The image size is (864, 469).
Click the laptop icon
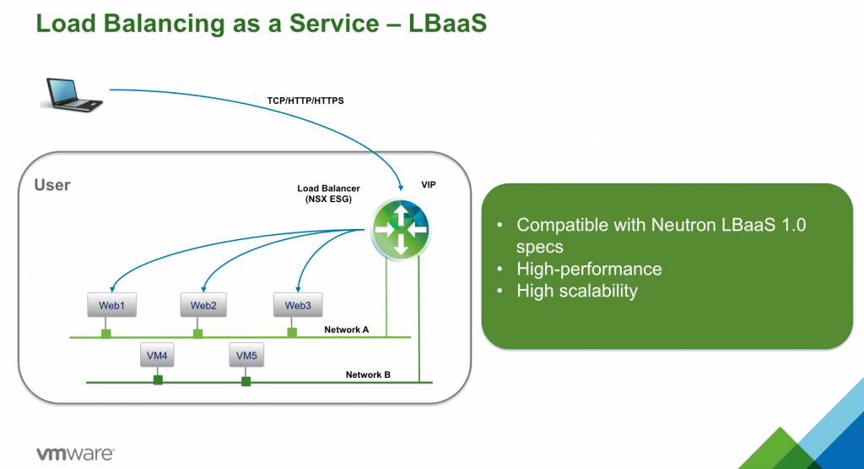point(72,95)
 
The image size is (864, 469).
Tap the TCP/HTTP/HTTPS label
point(305,101)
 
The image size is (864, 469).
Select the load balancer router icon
point(401,229)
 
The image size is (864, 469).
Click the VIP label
point(428,185)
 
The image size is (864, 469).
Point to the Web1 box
point(112,304)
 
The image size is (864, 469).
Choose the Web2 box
point(203,304)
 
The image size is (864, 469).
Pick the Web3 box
point(298,304)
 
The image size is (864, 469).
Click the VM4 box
point(157,355)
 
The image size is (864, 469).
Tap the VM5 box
point(246,355)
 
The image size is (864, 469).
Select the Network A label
point(346,330)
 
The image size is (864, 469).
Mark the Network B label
point(368,374)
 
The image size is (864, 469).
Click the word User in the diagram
point(52,185)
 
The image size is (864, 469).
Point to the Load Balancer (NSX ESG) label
point(328,194)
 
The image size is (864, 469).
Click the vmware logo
point(75,454)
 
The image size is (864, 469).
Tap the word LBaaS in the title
point(447,23)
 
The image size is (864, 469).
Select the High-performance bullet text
point(589,269)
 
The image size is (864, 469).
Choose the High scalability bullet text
point(577,291)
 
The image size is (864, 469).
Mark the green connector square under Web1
point(106,333)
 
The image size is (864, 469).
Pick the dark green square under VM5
point(246,381)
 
